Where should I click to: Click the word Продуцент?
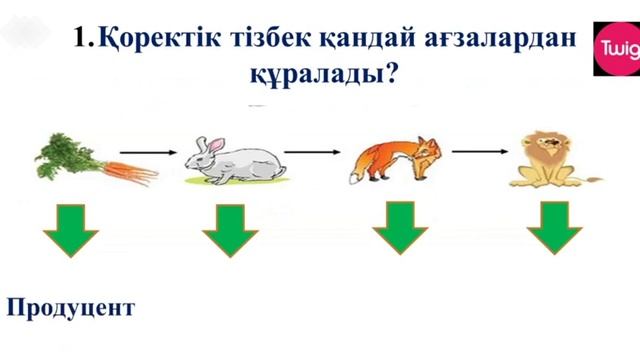coord(70,307)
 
